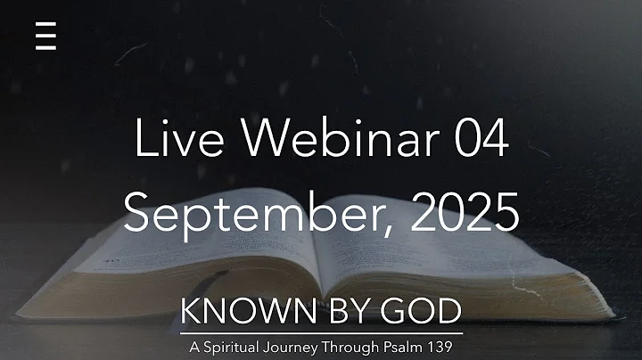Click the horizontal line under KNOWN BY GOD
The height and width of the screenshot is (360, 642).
pos(321,332)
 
